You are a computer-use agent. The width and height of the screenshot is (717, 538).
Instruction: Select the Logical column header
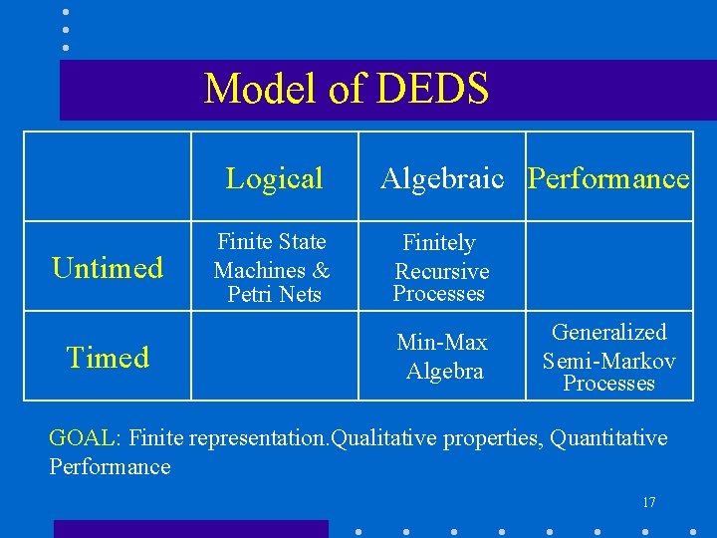coord(274,178)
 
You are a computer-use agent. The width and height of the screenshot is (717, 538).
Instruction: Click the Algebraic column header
coord(441,178)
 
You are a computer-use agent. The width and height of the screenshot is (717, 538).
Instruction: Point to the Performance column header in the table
coord(608,178)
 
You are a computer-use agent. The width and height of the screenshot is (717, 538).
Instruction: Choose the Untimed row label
coord(108,267)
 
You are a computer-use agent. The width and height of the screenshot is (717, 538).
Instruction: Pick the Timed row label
coord(108,357)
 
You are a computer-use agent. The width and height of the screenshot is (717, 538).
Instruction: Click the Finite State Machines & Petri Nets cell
coord(272,268)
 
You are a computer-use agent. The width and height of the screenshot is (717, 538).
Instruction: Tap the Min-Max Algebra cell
coord(442,357)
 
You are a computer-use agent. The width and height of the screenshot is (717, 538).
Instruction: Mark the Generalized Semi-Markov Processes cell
coord(608,357)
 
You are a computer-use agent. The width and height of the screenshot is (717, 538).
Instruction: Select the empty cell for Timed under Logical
coord(274,356)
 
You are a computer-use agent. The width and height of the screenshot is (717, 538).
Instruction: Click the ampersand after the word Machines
coord(321,270)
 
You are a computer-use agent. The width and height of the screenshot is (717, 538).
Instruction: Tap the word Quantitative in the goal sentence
coord(609,438)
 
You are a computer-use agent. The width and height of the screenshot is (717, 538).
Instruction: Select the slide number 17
coord(648,502)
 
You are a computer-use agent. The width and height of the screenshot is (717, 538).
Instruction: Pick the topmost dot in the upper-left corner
coord(66,12)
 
